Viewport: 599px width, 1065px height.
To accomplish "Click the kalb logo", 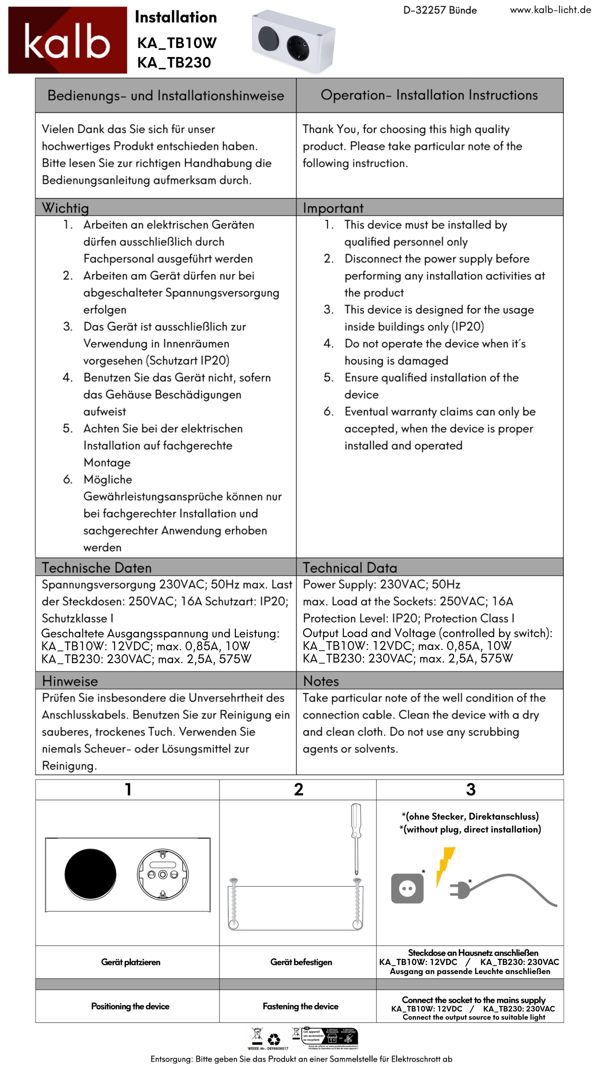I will click(x=67, y=40).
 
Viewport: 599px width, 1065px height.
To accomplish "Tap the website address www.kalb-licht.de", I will click(x=550, y=10).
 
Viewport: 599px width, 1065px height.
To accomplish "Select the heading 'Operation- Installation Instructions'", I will click(x=429, y=95).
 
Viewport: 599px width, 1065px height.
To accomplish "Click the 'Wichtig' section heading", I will click(x=65, y=208).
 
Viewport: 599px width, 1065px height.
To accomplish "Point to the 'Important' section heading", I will click(x=333, y=208).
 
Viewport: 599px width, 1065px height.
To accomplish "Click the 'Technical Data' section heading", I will click(x=350, y=568).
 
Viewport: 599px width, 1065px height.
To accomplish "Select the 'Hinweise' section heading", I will click(x=70, y=681).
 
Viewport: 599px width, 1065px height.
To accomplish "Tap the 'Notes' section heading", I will click(x=321, y=681).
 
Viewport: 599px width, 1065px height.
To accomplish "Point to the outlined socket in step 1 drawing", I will click(x=163, y=874).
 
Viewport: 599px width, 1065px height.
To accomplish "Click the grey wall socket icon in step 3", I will click(x=407, y=888).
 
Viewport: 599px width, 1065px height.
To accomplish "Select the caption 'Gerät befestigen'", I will click(x=301, y=962).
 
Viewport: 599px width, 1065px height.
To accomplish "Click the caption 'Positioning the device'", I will click(x=130, y=1006).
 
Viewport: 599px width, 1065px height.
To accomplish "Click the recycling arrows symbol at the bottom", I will click(x=274, y=1039).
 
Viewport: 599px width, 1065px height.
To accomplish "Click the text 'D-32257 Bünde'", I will click(x=440, y=10).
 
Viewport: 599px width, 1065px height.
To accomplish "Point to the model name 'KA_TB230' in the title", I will click(x=174, y=62).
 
